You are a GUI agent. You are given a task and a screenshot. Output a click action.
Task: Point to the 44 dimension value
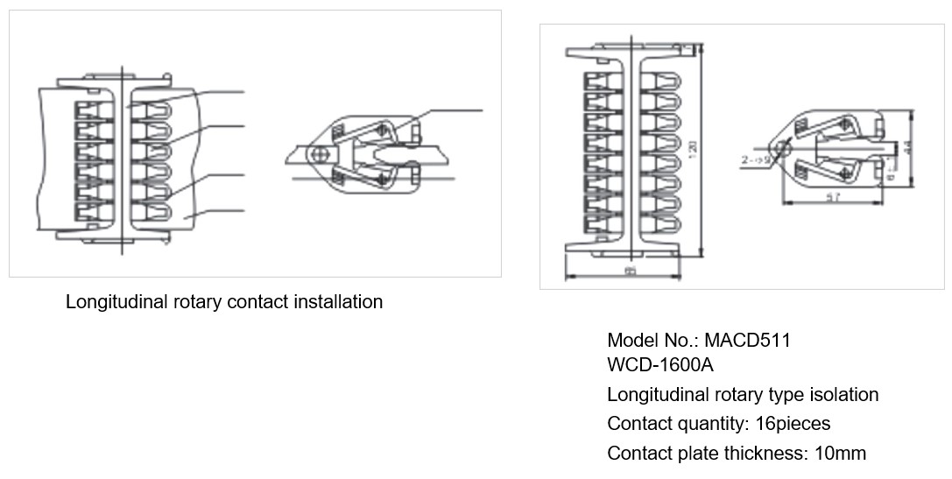tap(907, 146)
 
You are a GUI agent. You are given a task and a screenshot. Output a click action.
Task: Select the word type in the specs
tap(776, 395)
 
